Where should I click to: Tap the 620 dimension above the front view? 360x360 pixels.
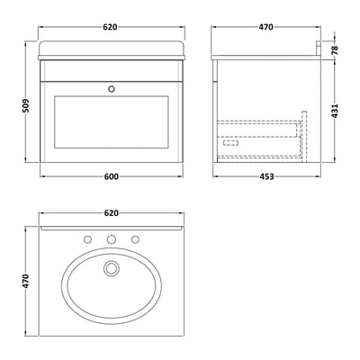coord(110,28)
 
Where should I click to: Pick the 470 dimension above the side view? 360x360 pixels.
coord(265,28)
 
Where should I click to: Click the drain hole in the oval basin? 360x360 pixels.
coord(110,267)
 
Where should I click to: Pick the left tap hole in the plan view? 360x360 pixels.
coord(89,240)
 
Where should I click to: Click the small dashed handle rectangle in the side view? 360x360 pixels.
coord(229,142)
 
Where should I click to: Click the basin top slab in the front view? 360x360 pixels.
coord(110,51)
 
